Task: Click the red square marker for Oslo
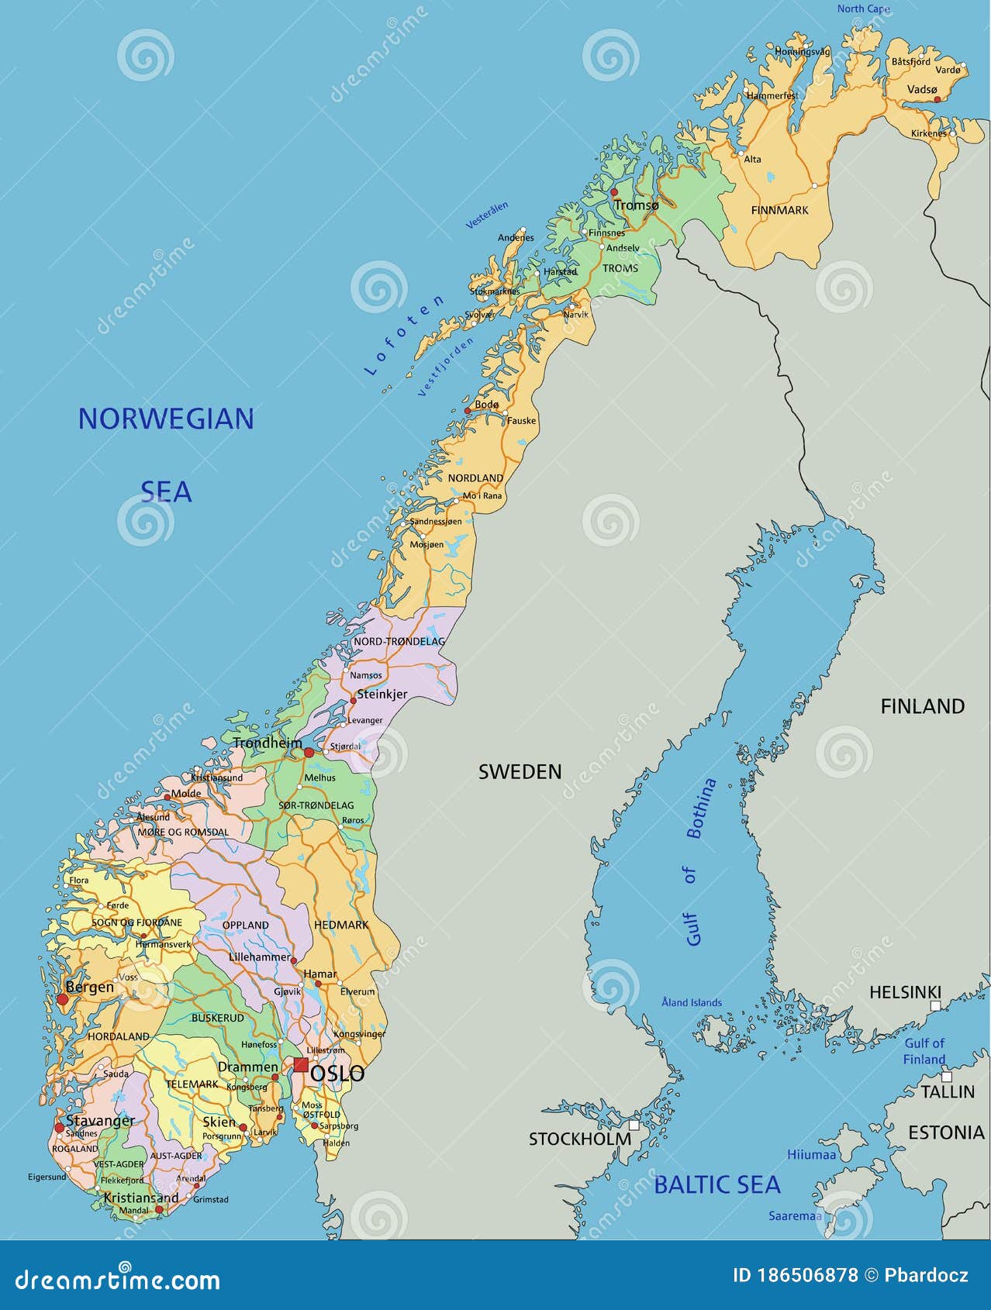coord(301,1064)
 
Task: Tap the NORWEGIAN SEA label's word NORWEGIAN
coord(166,419)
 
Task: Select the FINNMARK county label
coord(779,210)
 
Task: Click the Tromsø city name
coord(637,205)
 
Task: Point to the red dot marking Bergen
coord(62,999)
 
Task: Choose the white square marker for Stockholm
coord(634,1125)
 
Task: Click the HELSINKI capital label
coord(904,992)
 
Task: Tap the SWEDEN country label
coord(520,772)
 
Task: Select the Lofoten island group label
coord(404,336)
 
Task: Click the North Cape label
coord(863,9)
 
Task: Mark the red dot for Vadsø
coord(937,99)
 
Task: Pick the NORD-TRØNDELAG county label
coord(399,642)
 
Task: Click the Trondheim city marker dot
coord(309,753)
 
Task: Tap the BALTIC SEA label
coord(716,1185)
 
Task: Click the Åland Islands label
coord(691,1003)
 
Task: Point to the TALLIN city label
coord(947,1092)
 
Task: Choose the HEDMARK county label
coord(341,926)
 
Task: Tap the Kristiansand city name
coord(141,1198)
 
